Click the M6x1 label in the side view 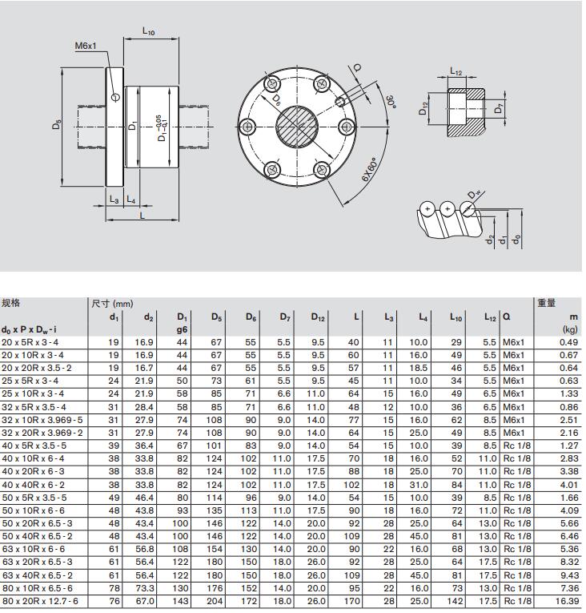click(86, 46)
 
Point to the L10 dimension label click(149, 31)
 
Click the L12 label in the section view click(456, 72)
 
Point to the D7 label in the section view click(500, 108)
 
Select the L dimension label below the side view click(142, 216)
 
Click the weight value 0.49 click(568, 342)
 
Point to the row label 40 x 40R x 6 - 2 click(37, 485)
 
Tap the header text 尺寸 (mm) click(112, 304)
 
